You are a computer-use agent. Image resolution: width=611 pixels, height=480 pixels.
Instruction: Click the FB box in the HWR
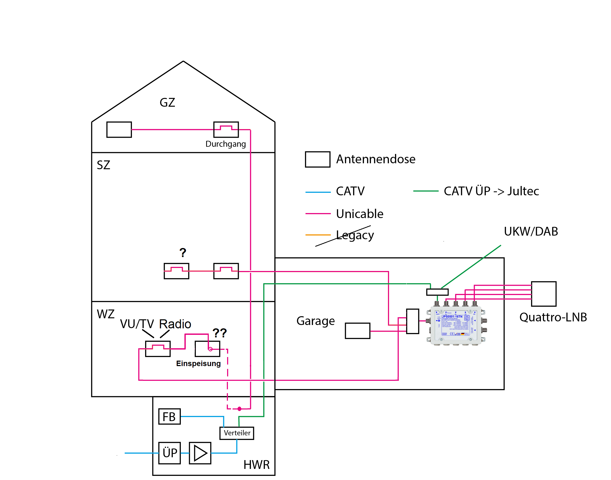[169, 416]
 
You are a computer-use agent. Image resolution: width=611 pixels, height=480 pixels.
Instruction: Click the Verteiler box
[237, 433]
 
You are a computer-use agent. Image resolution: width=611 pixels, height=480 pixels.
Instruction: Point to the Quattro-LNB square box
[543, 294]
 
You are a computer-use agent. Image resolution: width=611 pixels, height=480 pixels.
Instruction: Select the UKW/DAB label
[531, 231]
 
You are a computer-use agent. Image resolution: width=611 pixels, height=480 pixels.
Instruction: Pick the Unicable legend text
[359, 214]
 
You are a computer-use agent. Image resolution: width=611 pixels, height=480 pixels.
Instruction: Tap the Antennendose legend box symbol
[317, 159]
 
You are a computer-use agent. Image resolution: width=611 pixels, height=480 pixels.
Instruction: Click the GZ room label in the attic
[167, 103]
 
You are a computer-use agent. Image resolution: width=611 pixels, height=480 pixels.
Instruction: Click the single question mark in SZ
[183, 253]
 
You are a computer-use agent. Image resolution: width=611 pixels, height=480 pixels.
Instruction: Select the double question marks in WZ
[220, 333]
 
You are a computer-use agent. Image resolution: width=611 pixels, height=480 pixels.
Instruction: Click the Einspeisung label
[198, 363]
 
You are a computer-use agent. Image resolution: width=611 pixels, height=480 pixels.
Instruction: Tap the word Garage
[316, 321]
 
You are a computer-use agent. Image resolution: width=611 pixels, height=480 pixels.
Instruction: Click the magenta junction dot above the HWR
[239, 409]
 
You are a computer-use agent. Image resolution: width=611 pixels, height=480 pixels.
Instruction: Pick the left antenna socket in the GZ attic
[119, 129]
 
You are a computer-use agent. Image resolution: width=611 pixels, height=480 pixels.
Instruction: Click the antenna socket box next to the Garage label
[357, 331]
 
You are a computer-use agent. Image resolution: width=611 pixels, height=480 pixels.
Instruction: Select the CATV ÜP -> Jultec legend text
[491, 191]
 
